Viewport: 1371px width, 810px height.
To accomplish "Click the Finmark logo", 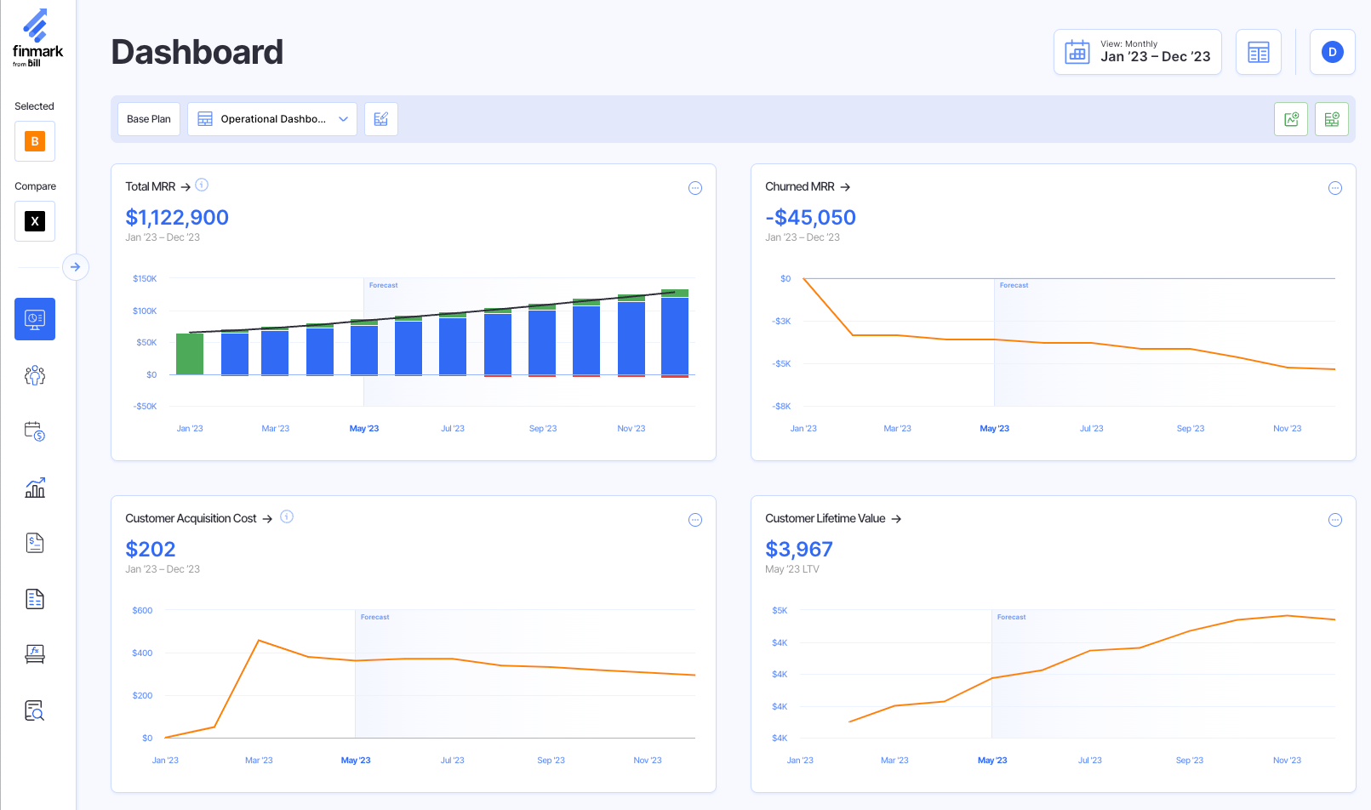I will tap(37, 38).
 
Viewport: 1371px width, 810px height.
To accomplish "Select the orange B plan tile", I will tap(35, 141).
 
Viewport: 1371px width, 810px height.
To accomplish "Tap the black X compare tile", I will tap(35, 221).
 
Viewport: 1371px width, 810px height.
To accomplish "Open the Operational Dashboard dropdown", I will tap(272, 119).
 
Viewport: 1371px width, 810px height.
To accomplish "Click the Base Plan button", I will tap(149, 119).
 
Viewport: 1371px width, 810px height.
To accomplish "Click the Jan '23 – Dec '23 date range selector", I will tap(1137, 52).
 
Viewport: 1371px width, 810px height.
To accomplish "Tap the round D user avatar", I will tap(1332, 52).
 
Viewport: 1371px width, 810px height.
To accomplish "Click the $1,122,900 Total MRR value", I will tap(177, 218).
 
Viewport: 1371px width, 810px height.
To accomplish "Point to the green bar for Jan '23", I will tap(190, 354).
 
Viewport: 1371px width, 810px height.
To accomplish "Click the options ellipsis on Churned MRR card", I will tap(1334, 188).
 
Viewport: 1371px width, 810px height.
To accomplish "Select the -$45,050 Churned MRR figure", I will tap(810, 218).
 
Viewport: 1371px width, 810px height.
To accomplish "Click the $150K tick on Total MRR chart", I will tap(145, 279).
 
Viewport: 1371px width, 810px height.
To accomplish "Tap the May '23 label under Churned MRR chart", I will tap(994, 429).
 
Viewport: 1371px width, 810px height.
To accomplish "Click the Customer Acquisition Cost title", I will tap(191, 518).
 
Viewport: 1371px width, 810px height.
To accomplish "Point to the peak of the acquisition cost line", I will tap(259, 640).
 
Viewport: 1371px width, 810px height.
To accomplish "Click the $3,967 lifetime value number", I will tap(798, 550).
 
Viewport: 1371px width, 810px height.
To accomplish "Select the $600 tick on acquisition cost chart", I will tap(142, 611).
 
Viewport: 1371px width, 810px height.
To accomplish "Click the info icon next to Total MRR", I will tap(202, 185).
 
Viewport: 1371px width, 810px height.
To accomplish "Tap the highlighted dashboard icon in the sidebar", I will tap(35, 319).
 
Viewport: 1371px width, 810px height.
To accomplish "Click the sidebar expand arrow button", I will tap(76, 267).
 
